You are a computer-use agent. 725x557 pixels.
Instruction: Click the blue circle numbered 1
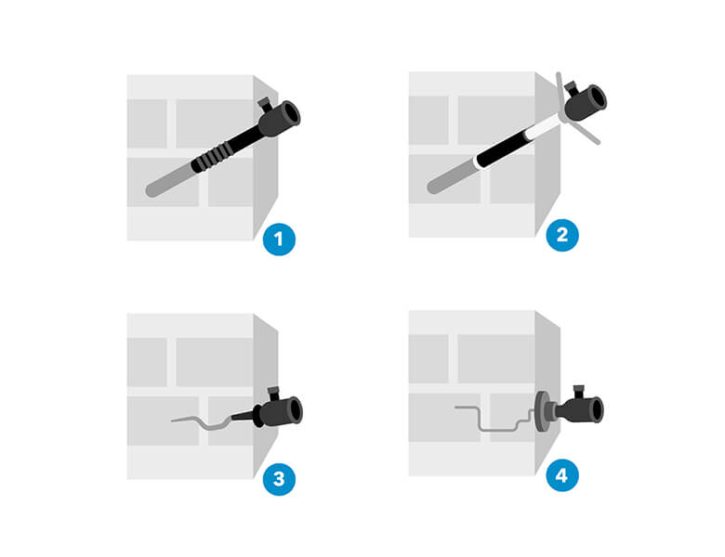279,240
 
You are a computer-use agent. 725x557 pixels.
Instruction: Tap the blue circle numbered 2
562,235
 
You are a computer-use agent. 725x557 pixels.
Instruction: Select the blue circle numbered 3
279,479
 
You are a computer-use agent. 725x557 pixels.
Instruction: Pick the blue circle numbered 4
562,475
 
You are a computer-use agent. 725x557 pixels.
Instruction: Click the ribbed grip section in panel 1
212,157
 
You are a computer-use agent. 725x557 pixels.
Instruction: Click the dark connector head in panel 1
279,119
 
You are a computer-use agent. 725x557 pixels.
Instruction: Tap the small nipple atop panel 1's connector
264,104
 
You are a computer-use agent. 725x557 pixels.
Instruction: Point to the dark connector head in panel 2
586,102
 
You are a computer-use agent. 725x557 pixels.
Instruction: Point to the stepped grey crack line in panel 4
494,419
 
